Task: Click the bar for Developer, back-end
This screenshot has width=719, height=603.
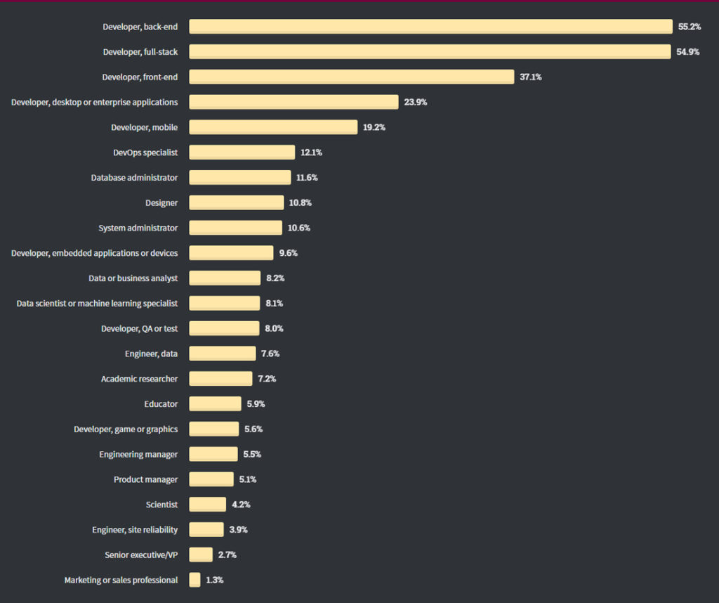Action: click(x=430, y=27)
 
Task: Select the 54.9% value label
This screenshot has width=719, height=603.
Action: click(x=688, y=52)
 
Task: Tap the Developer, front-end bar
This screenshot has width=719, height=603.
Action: click(x=351, y=77)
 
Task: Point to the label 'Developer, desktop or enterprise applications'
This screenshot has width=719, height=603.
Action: click(x=95, y=103)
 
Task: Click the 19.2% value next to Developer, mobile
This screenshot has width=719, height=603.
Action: click(x=374, y=128)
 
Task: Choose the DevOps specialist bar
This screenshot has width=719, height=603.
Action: click(x=242, y=153)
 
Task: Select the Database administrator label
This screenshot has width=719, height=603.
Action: click(x=134, y=178)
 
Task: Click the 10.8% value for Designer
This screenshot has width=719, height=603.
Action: click(x=300, y=203)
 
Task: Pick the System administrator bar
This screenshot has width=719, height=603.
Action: click(x=235, y=228)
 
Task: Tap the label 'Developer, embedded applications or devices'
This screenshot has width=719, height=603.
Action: click(x=95, y=253)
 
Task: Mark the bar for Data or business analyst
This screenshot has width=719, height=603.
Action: click(x=225, y=278)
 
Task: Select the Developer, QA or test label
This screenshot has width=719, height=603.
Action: click(x=139, y=329)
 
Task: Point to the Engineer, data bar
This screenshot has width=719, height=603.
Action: click(x=222, y=354)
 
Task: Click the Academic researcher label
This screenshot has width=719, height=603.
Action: click(x=139, y=379)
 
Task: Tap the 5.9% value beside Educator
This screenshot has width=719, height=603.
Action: click(x=256, y=404)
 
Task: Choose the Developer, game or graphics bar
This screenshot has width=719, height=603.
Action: click(x=213, y=429)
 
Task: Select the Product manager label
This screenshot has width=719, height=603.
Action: click(x=146, y=480)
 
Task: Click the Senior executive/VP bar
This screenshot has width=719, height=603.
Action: click(x=201, y=555)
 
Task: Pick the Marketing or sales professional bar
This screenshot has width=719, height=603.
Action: click(x=194, y=581)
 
